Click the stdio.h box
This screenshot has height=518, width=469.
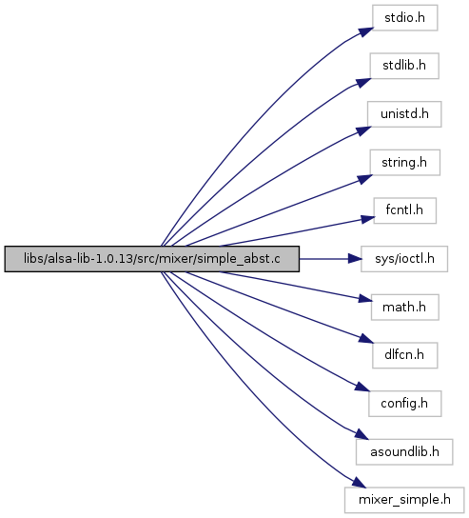[x=405, y=18]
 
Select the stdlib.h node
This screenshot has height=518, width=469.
[x=404, y=66]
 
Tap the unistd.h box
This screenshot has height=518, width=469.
[x=404, y=114]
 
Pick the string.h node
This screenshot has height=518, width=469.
[x=404, y=163]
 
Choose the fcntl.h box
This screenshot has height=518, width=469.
[x=405, y=210]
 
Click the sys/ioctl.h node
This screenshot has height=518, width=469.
[x=404, y=259]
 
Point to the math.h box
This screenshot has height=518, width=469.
[x=405, y=308]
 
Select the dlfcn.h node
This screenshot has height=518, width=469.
[x=405, y=355]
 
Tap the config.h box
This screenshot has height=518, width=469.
[x=405, y=404]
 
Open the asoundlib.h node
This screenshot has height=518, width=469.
[x=404, y=452]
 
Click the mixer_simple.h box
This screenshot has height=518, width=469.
[x=404, y=500]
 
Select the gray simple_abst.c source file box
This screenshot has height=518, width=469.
[x=152, y=259]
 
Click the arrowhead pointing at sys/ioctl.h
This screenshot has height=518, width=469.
[x=355, y=259]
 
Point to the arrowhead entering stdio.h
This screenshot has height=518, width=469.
[x=366, y=32]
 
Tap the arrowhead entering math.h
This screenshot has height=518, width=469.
[x=365, y=299]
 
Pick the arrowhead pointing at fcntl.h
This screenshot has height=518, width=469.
[x=367, y=219]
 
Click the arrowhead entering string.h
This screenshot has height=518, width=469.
[x=364, y=179]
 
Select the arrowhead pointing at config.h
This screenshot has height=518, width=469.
[x=362, y=387]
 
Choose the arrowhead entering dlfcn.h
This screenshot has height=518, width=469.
[x=366, y=339]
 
